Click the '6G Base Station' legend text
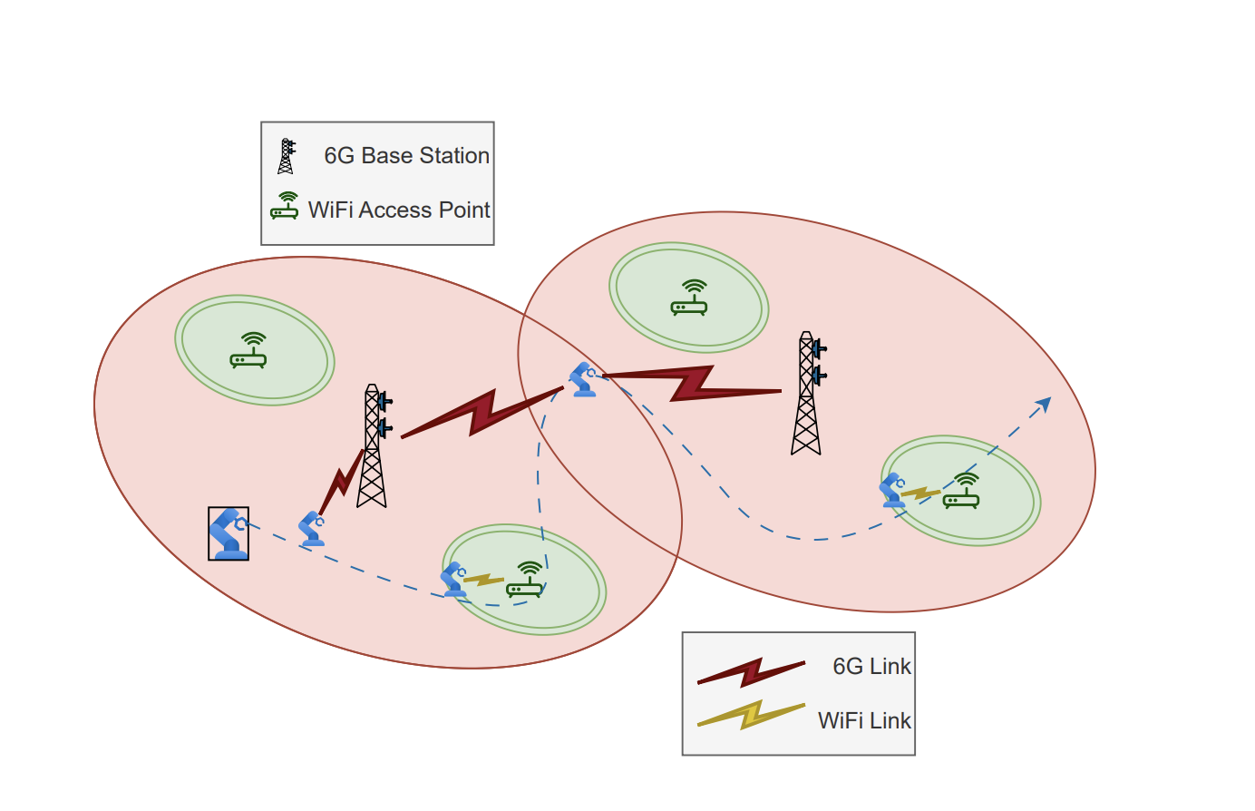406,156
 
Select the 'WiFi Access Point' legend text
398,210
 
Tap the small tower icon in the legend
287,156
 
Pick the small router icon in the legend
285,207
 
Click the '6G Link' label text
871,666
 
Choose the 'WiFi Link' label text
864,720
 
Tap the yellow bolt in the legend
751,715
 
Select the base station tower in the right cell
807,394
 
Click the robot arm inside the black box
229,533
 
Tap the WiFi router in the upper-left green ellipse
248,351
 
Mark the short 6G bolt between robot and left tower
341,481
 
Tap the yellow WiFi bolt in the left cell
483,580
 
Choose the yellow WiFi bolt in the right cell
919,493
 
